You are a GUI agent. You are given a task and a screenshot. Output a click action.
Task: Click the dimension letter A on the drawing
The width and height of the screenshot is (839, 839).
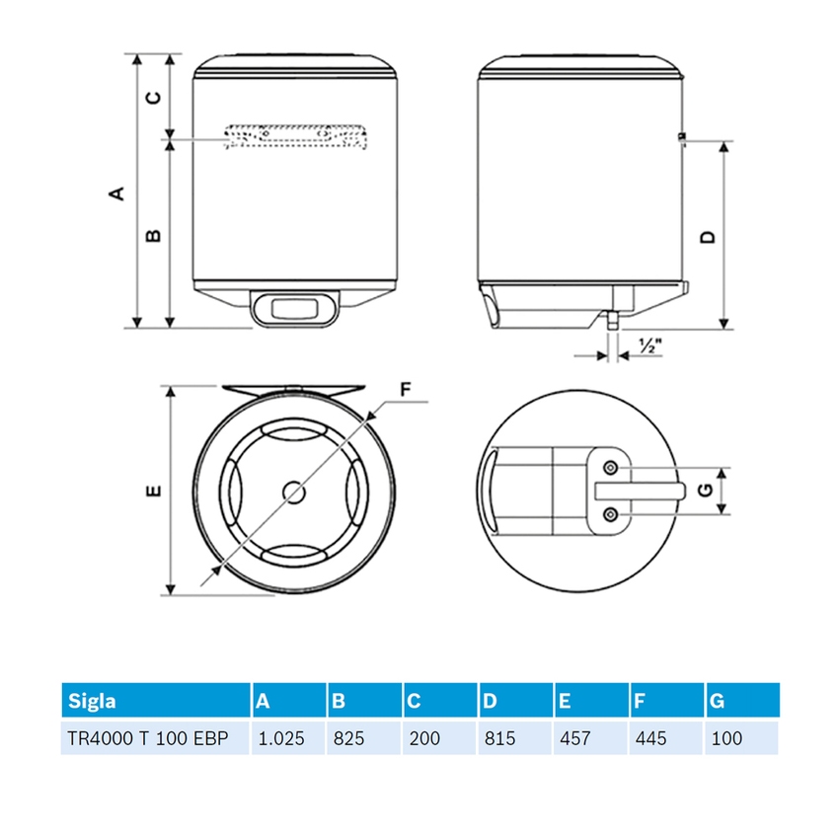(117, 192)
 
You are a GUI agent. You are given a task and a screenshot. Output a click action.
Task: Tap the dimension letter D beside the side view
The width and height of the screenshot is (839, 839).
(707, 237)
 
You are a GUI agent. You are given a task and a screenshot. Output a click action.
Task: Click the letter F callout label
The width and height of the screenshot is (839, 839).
(405, 389)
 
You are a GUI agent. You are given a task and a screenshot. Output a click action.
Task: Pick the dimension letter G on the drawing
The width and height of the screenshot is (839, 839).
(702, 491)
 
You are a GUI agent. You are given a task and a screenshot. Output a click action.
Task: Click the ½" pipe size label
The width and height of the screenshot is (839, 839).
(648, 346)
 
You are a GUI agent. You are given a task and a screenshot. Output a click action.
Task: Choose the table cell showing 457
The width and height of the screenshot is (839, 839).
(576, 737)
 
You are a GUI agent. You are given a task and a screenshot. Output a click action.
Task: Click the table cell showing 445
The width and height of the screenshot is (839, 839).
(652, 737)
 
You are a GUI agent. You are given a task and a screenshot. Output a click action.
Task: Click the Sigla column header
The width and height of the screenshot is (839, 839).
(92, 702)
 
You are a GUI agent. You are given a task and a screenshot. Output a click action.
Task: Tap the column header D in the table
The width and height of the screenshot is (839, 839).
(491, 702)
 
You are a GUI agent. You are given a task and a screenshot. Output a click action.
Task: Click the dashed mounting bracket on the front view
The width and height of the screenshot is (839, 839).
(295, 137)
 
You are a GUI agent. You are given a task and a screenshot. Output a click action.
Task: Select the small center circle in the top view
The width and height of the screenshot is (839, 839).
(293, 491)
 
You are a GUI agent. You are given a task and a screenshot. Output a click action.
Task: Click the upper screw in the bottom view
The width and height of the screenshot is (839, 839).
(611, 466)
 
